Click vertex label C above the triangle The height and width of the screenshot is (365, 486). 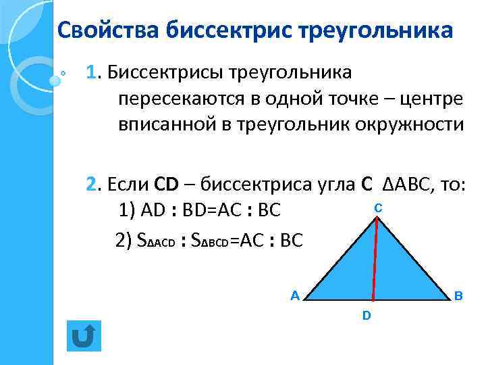pos(378,210)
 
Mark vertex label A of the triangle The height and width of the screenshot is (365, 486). pos(294,295)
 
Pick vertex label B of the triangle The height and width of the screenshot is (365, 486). pos(458,295)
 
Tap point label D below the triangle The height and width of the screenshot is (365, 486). pos(366,315)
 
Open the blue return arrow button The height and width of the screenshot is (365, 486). pos(84,336)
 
